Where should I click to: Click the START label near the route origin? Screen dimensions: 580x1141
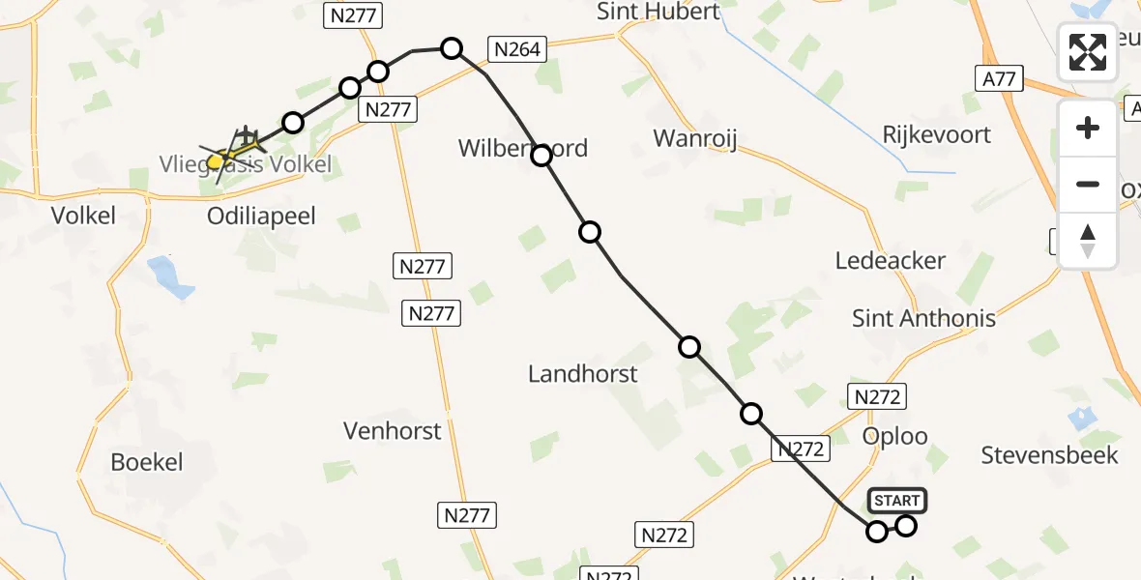click(x=897, y=501)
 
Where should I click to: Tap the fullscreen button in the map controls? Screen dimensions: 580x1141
click(x=1088, y=52)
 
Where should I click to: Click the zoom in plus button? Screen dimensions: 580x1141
click(x=1088, y=128)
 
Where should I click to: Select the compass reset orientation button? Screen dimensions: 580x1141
click(x=1088, y=241)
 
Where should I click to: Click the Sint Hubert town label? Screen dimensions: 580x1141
click(x=658, y=12)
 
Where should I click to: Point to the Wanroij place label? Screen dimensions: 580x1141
click(x=695, y=138)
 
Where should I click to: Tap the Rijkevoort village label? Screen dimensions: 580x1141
click(x=937, y=133)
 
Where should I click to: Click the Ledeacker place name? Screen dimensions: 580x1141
click(x=891, y=260)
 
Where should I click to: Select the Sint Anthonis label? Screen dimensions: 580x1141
click(x=923, y=317)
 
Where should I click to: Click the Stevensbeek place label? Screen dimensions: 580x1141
click(x=1049, y=454)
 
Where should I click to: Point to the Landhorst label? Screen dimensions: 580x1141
click(x=582, y=373)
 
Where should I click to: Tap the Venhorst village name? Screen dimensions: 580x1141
click(x=393, y=430)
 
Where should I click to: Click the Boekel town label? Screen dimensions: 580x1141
click(x=147, y=461)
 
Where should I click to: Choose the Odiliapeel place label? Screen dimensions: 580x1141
click(x=261, y=215)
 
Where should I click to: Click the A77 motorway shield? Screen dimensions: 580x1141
click(x=999, y=79)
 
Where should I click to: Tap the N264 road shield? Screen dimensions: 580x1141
click(x=517, y=49)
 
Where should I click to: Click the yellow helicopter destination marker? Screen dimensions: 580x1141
click(x=217, y=162)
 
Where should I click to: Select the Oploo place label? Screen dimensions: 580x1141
click(x=894, y=436)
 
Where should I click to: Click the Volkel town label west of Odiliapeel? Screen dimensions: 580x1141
click(x=84, y=215)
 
